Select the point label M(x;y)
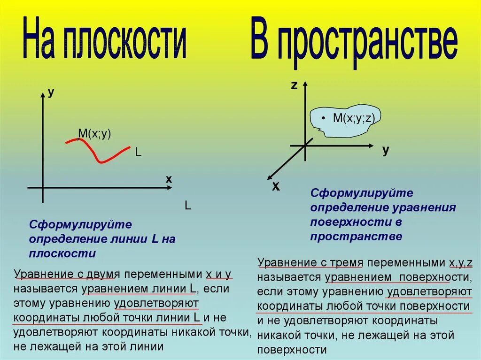click(94, 134)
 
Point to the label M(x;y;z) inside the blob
click(353, 118)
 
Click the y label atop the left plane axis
click(51, 92)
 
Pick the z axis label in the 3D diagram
click(294, 85)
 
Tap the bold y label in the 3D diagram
click(386, 150)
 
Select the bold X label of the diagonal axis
click(276, 187)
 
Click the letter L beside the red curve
click(138, 153)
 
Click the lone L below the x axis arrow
click(187, 206)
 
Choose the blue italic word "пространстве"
click(356, 236)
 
